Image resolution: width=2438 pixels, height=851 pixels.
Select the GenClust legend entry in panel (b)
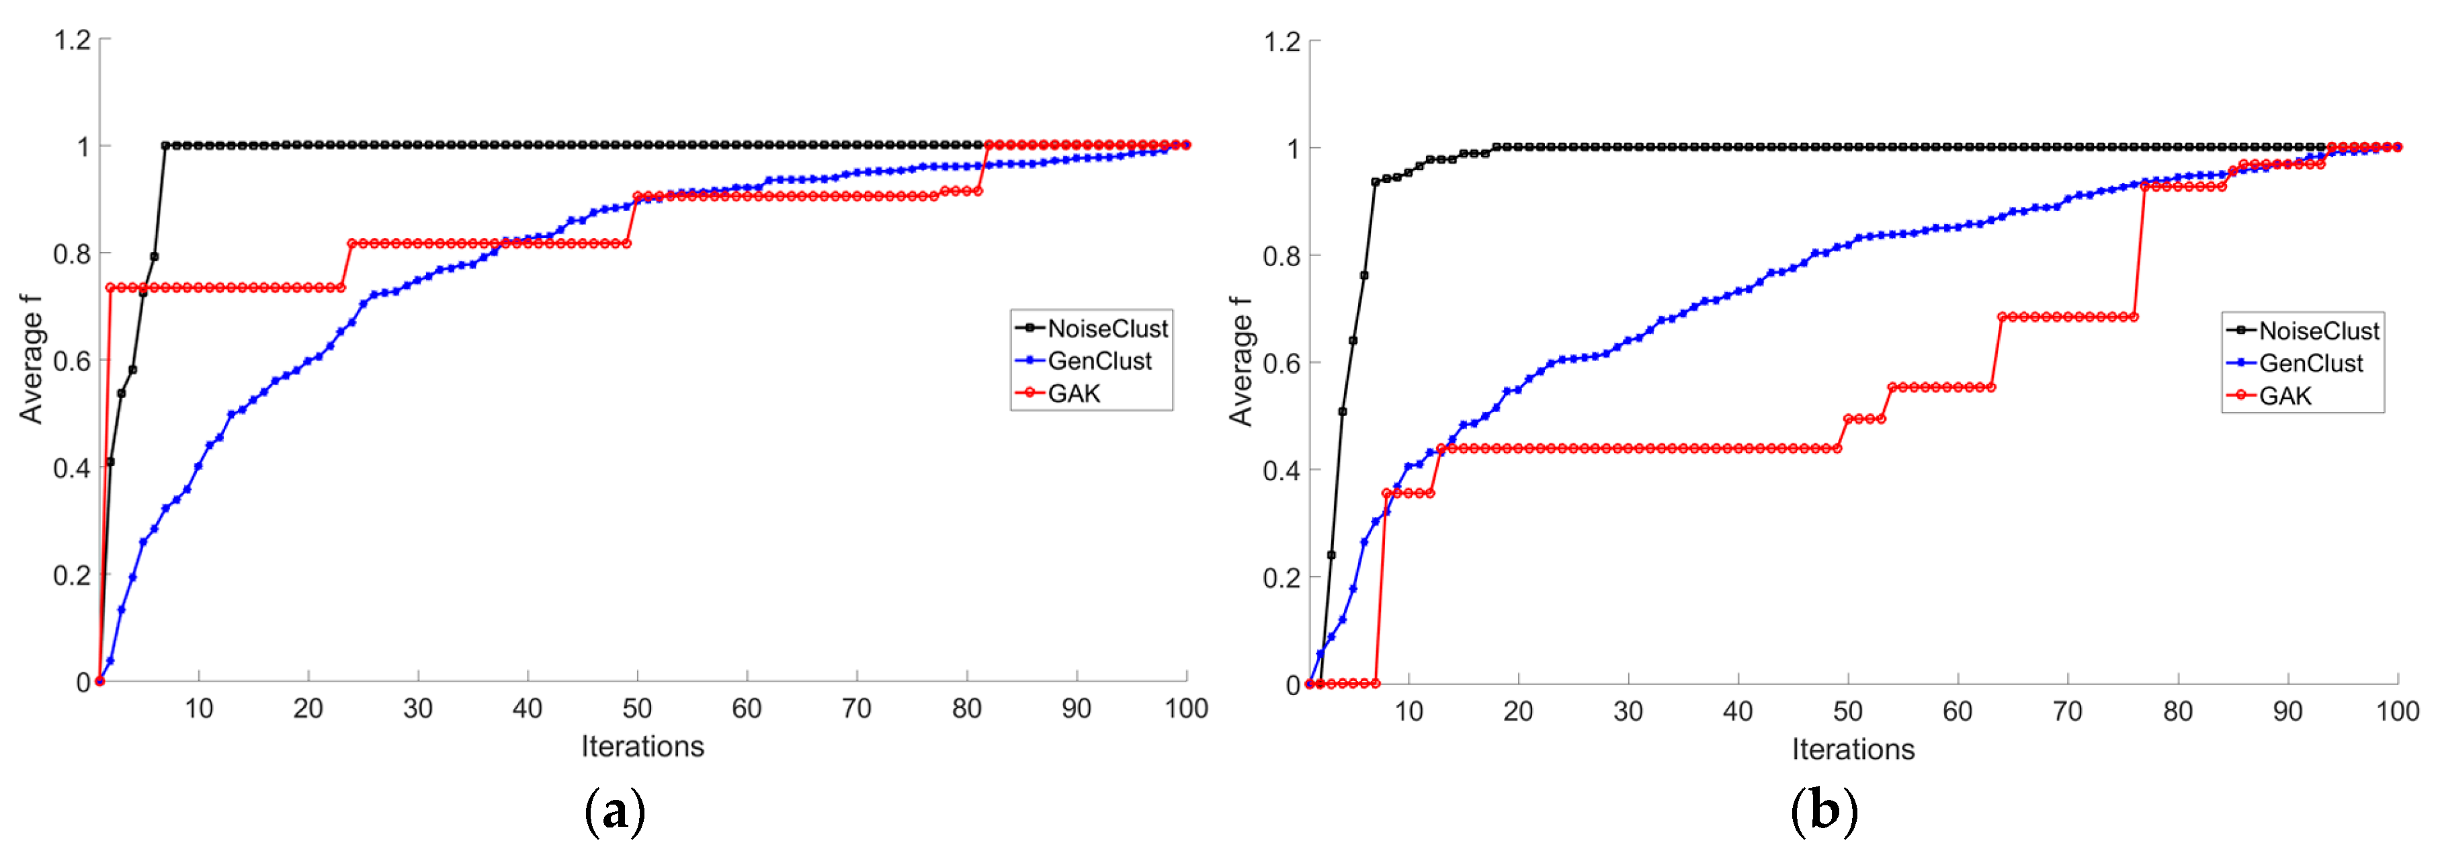click(x=2309, y=364)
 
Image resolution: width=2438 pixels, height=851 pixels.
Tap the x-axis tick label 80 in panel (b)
click(x=2177, y=711)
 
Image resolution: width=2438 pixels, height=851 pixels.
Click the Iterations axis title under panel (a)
click(x=642, y=746)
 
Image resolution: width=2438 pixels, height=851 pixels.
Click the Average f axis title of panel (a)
click(x=31, y=359)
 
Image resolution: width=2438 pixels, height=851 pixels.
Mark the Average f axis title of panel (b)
click(x=1240, y=361)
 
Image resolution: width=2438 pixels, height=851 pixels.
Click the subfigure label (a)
click(x=615, y=811)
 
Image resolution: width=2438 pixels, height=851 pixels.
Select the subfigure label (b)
click(x=1824, y=811)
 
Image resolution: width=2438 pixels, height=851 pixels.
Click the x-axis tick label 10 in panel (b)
click(x=1409, y=711)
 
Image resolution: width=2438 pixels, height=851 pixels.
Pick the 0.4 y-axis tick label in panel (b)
click(x=1282, y=471)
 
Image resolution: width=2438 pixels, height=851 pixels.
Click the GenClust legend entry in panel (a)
click(x=1098, y=361)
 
